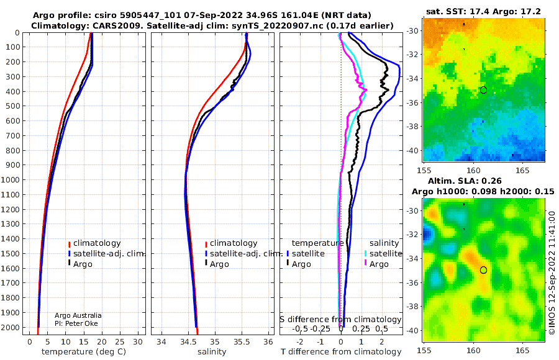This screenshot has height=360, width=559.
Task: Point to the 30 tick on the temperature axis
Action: click(138, 342)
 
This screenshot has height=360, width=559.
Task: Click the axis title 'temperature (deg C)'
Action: click(84, 352)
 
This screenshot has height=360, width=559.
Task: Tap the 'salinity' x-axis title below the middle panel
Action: click(212, 352)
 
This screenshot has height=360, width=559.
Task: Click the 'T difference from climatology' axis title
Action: click(341, 352)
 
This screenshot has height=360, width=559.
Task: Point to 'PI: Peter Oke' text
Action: click(76, 323)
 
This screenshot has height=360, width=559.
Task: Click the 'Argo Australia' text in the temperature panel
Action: click(78, 315)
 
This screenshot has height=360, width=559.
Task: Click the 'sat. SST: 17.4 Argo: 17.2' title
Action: click(483, 11)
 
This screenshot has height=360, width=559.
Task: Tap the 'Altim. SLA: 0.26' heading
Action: click(465, 181)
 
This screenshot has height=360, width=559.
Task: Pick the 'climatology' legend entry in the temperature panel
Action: click(95, 243)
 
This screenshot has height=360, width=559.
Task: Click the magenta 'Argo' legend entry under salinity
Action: click(376, 264)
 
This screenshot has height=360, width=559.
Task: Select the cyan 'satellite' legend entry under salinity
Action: click(383, 254)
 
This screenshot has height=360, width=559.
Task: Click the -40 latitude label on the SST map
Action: click(412, 150)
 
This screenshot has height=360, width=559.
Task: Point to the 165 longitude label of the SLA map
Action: click(522, 350)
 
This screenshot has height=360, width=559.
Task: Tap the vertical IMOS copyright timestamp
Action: click(552, 272)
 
